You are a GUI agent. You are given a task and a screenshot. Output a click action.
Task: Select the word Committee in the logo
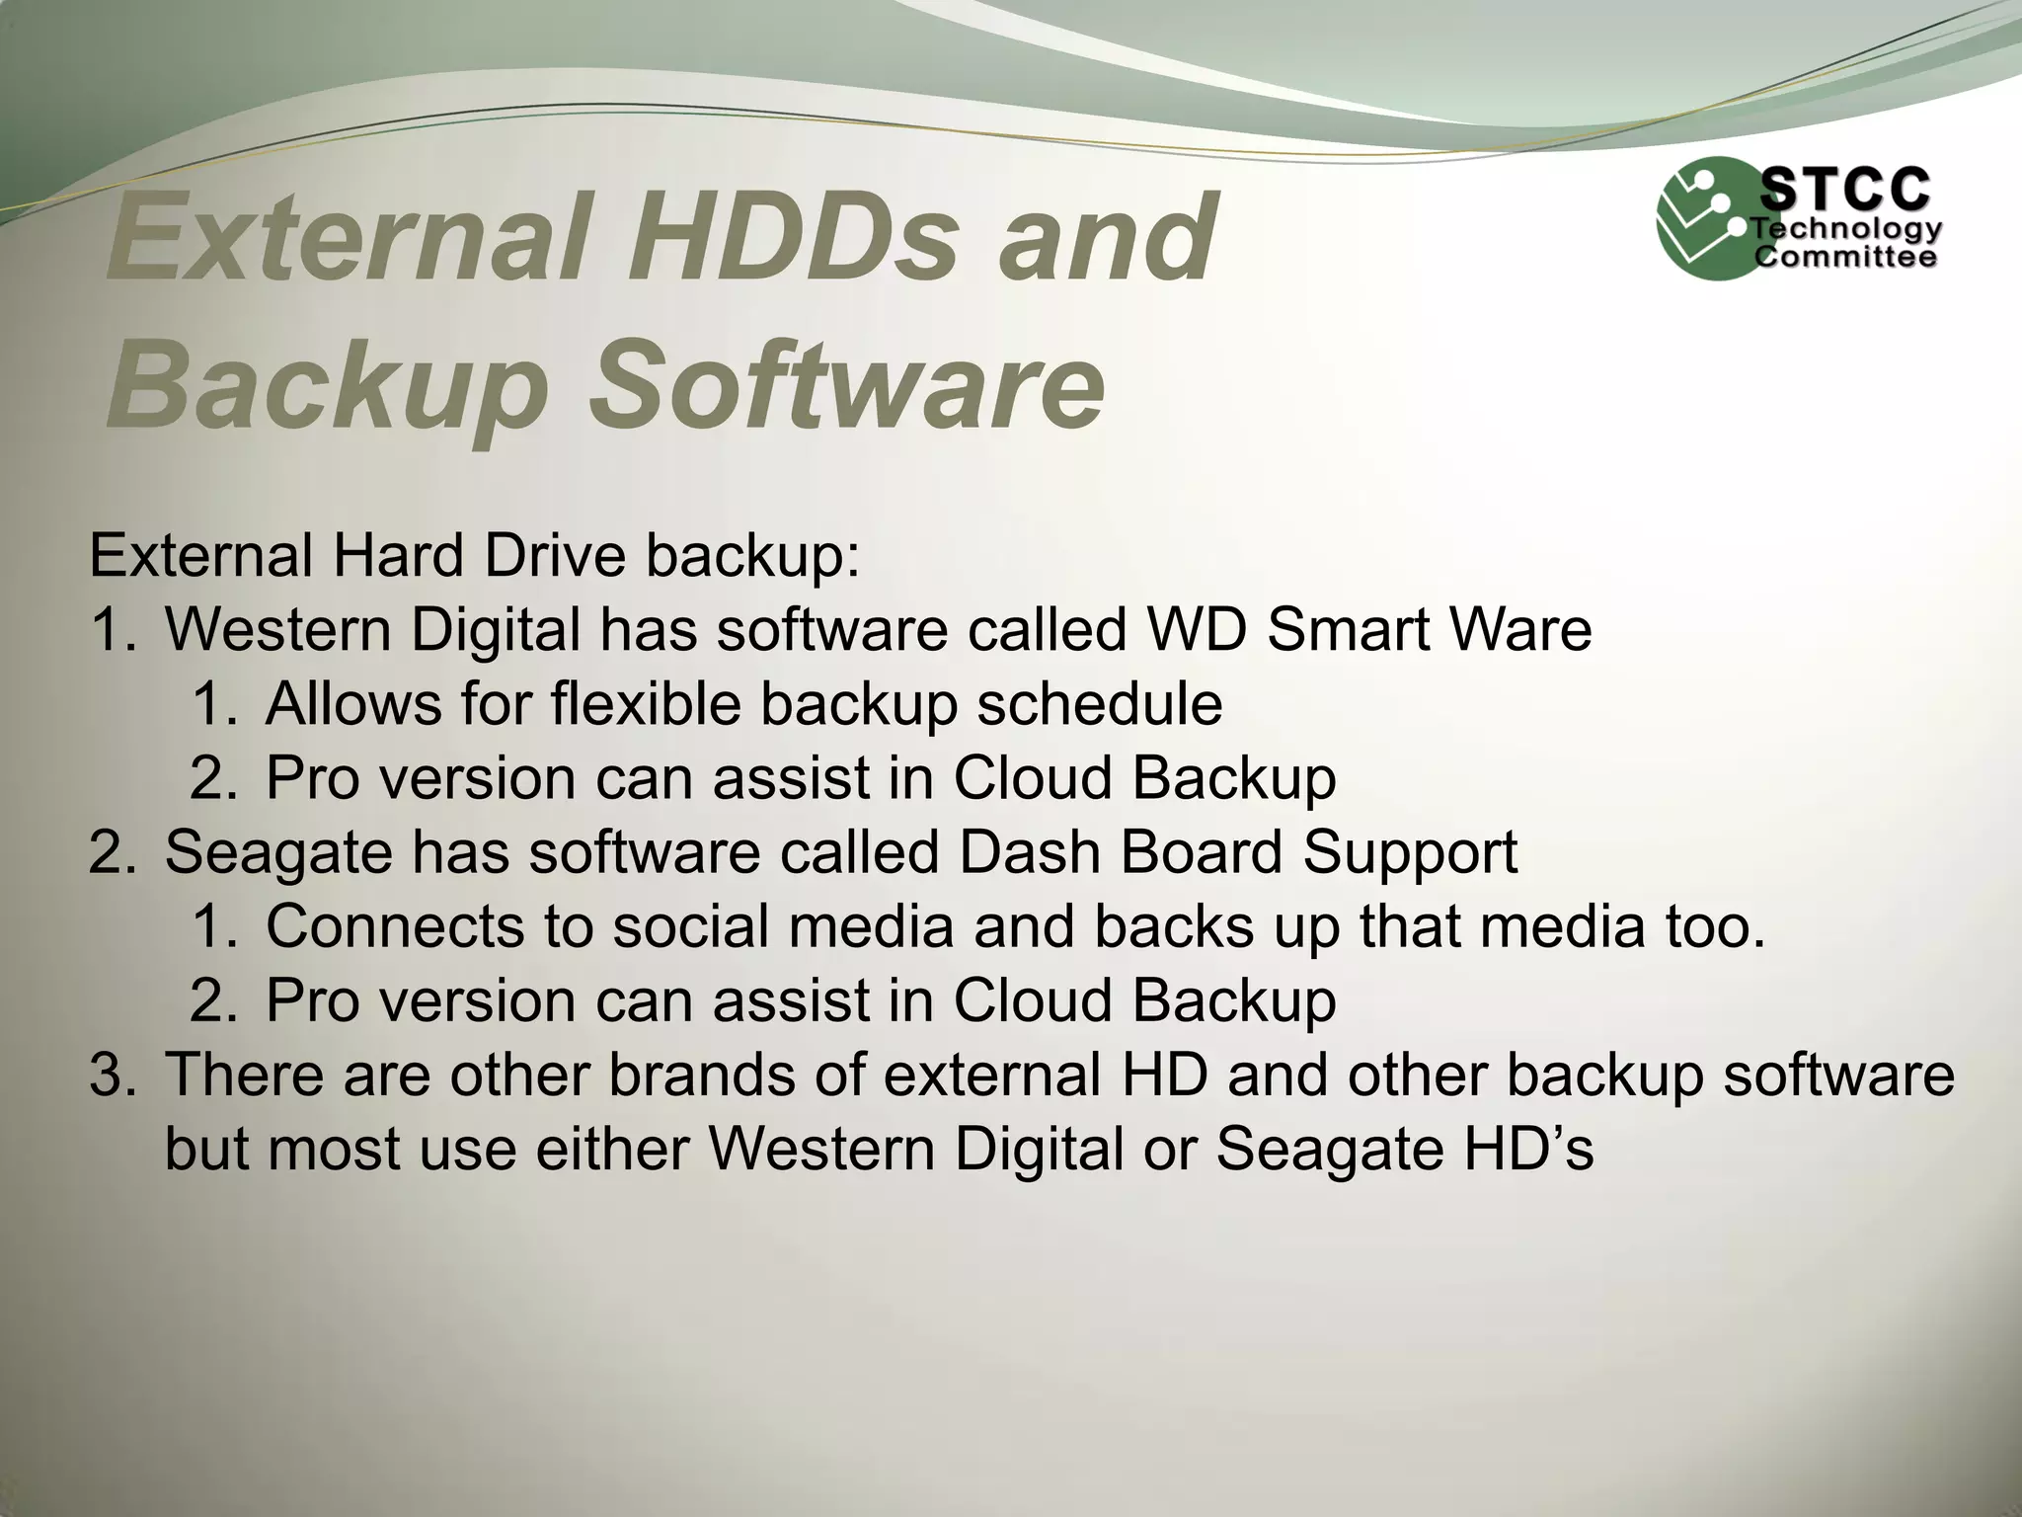1844,258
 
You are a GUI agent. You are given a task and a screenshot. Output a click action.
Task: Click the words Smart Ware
1429,629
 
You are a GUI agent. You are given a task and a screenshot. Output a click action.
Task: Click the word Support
1409,852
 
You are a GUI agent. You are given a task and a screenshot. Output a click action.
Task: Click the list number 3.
111,1075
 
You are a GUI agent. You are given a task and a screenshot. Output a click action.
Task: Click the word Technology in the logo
1846,230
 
